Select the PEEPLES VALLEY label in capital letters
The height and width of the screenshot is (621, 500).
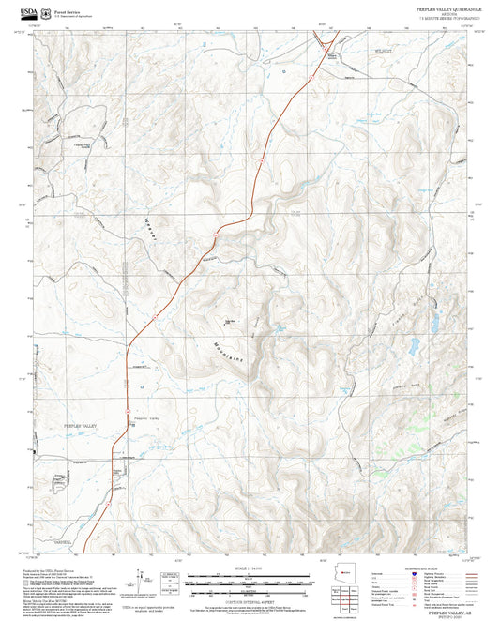[80, 426]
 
